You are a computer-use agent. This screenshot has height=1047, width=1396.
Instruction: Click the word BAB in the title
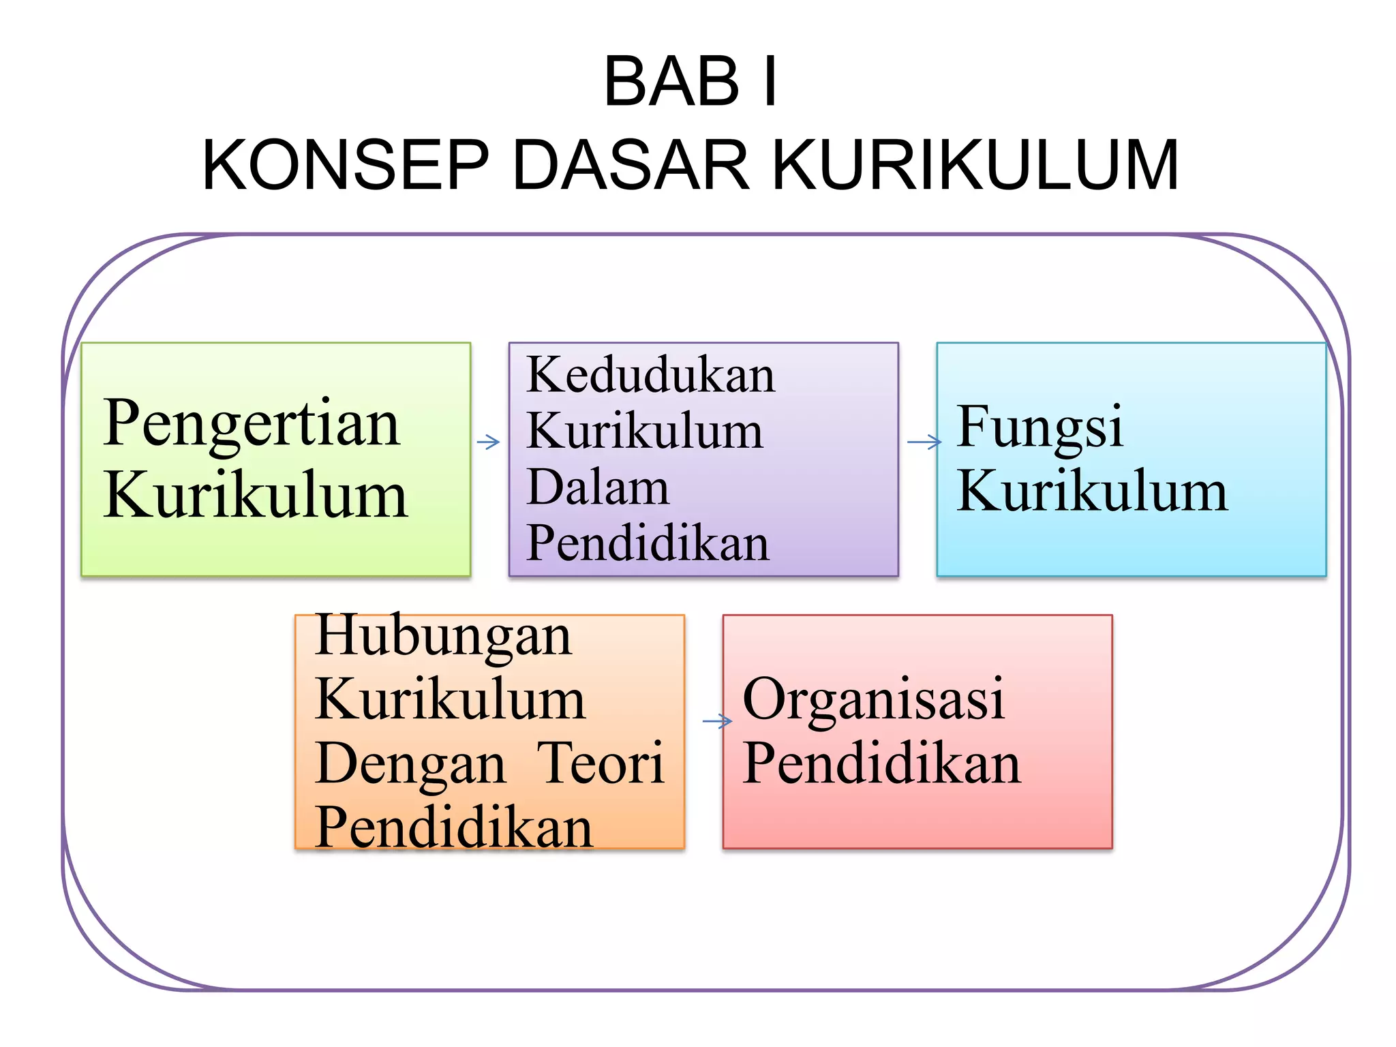click(671, 82)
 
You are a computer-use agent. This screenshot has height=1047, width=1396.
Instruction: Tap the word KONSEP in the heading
click(346, 165)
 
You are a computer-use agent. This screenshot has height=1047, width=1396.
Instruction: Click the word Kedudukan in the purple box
click(651, 375)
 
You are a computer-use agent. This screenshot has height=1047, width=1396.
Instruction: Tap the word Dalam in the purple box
click(598, 487)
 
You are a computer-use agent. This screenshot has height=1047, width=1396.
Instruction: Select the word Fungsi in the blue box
click(1039, 428)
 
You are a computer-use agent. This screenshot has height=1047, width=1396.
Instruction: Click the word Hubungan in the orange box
click(443, 637)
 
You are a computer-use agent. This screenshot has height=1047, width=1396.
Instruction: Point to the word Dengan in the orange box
click(411, 765)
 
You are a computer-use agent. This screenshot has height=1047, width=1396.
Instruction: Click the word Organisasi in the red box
click(873, 700)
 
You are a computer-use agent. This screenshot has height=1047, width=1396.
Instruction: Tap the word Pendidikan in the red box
click(882, 763)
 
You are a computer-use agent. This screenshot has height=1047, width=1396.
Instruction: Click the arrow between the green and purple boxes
click(489, 442)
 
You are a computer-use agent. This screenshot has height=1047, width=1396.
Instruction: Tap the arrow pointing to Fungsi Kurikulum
click(924, 442)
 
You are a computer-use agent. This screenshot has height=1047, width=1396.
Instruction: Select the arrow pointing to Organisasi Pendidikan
click(717, 720)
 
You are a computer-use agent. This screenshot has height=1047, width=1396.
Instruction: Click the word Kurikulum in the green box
click(256, 496)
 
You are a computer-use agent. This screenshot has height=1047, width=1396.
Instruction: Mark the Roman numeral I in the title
click(770, 82)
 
